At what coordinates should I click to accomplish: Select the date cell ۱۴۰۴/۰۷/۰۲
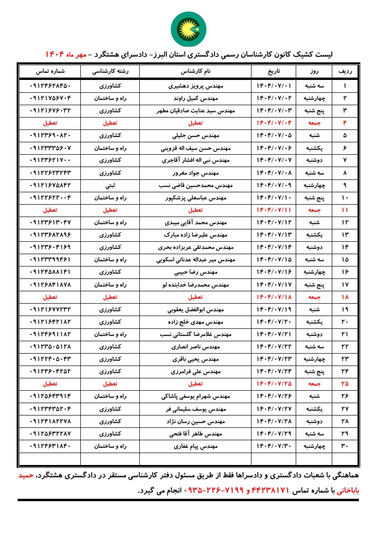[x=273, y=99]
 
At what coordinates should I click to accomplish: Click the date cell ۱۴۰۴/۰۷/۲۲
[x=273, y=346]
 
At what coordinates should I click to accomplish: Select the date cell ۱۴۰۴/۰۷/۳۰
[x=273, y=446]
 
